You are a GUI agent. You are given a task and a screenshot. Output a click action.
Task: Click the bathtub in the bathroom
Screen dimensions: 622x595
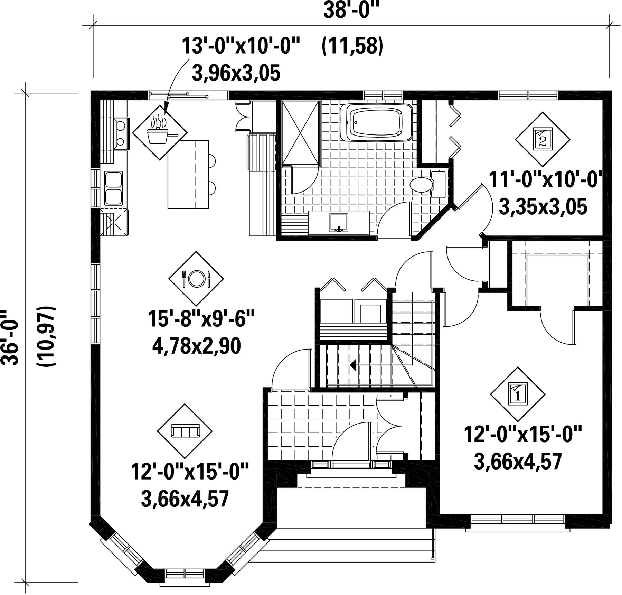pos(376,122)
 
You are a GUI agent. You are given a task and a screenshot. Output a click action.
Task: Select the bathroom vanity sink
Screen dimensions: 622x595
pos(339,223)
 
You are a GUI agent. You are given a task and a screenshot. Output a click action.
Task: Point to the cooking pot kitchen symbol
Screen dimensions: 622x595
pos(160,132)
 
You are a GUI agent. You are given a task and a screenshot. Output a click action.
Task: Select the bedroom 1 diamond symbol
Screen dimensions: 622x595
pos(518,394)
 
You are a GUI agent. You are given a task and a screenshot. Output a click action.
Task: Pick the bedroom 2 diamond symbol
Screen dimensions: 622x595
pos(543,139)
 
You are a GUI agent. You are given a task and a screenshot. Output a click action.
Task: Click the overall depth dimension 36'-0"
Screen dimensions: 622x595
pos(10,337)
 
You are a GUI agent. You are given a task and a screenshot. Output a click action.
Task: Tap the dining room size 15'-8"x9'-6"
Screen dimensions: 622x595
pos(201,319)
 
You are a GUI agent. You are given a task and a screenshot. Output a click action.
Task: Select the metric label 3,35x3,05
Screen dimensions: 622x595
pos(543,207)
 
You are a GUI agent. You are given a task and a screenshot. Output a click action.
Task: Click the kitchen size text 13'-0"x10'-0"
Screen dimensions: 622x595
pos(241,46)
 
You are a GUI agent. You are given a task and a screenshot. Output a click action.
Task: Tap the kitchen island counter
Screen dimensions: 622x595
pos(188,175)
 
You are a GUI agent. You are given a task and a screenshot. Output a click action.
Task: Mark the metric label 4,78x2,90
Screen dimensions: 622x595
pos(196,346)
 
